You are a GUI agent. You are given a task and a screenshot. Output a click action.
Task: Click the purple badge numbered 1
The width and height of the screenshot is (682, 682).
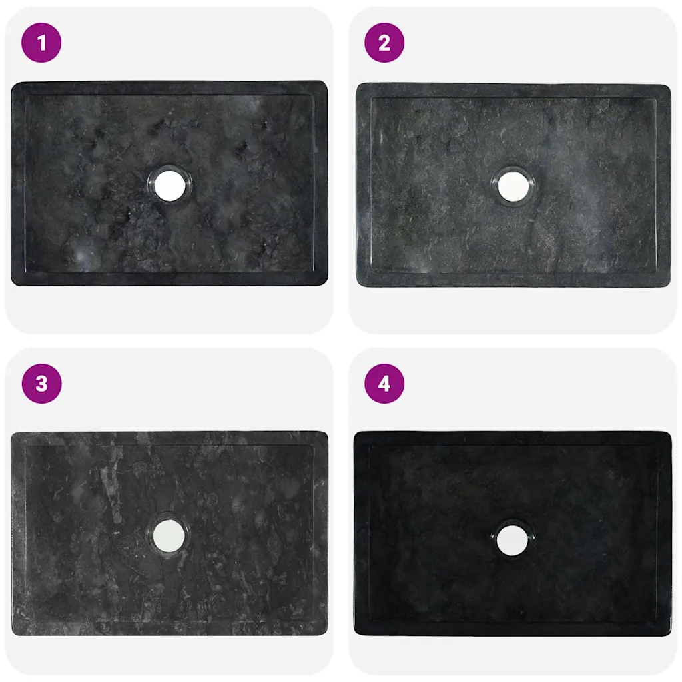[x=41, y=43]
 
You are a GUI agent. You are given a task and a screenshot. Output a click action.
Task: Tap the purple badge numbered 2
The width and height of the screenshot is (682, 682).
[x=384, y=43]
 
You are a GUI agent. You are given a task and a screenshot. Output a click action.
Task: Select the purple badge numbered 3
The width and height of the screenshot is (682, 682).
[x=41, y=384]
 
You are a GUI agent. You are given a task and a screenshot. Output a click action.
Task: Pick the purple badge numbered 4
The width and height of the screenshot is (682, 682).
[x=384, y=384]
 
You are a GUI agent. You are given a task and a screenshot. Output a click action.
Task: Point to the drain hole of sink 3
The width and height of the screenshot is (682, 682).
[x=169, y=535]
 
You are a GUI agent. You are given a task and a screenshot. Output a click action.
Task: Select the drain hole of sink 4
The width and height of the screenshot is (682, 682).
[x=512, y=541]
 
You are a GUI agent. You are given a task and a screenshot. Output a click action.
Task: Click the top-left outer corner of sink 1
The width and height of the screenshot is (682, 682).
[x=12, y=82]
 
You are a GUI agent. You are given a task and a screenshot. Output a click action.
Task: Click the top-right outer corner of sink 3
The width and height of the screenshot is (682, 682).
[x=327, y=433]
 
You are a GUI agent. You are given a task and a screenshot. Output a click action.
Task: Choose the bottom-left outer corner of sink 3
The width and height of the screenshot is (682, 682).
[x=12, y=635]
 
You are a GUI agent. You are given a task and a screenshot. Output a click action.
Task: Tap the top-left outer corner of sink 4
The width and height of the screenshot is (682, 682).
[x=355, y=433]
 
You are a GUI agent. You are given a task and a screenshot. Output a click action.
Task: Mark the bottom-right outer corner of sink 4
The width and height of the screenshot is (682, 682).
[x=671, y=635]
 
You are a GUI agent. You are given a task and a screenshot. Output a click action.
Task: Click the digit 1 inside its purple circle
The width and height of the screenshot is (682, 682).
[x=41, y=43]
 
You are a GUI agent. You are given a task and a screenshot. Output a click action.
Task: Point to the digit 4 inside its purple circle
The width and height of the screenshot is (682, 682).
[x=384, y=384]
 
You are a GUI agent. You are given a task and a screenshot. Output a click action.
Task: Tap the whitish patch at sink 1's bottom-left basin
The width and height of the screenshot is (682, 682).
[x=83, y=256]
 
